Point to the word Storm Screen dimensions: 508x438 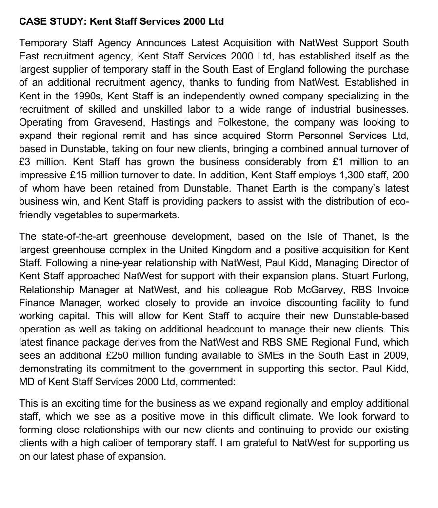(x=279, y=136)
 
